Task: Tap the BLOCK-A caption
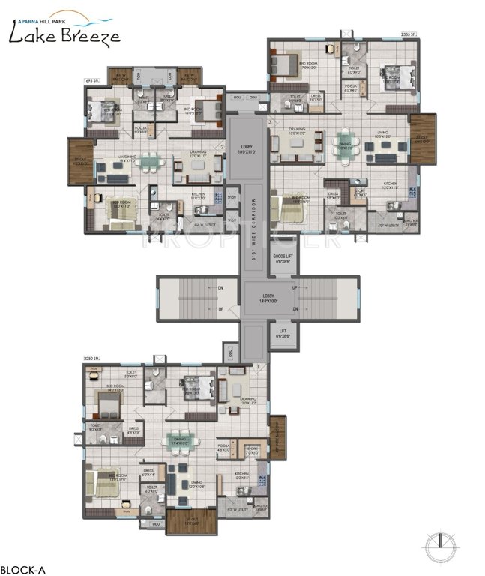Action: (23, 568)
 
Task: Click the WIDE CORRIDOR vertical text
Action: (253, 217)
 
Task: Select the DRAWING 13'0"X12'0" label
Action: (297, 131)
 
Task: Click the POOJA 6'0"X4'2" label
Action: (350, 88)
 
